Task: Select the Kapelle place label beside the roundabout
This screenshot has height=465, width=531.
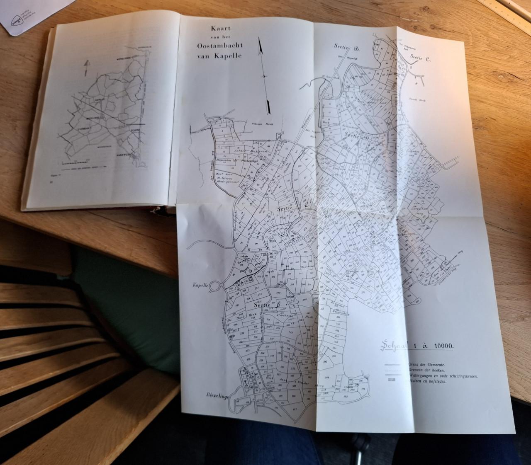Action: [200, 285]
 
